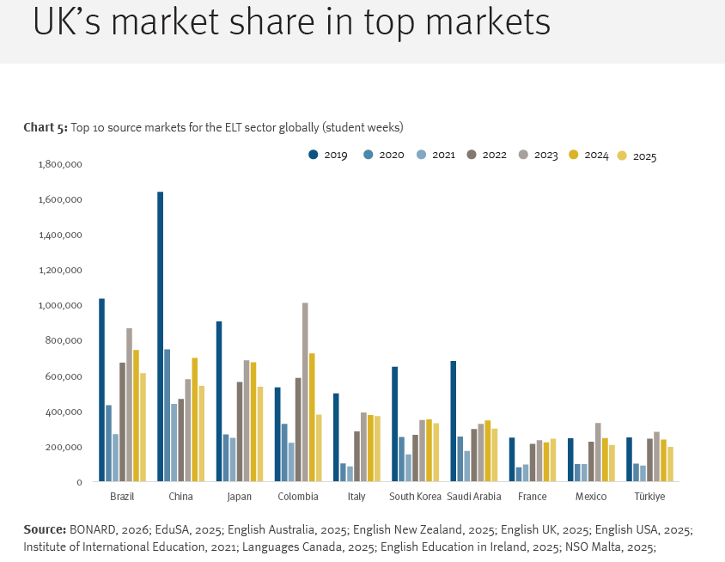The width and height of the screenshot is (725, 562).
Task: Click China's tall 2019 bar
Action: (x=160, y=336)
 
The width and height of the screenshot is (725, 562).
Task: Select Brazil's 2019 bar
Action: (x=101, y=390)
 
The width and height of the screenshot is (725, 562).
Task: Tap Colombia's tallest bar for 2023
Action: (x=305, y=392)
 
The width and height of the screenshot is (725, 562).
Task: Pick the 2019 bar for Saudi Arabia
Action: (x=454, y=421)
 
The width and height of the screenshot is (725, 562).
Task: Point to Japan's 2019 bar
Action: (x=219, y=401)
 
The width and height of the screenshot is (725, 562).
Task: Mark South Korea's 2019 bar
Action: (x=394, y=425)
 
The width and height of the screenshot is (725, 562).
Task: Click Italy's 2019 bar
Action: (x=336, y=437)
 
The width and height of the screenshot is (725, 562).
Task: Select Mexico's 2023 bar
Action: (x=598, y=452)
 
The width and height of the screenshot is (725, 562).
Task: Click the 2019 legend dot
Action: (x=314, y=155)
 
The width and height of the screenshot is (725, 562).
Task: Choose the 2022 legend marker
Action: (x=472, y=155)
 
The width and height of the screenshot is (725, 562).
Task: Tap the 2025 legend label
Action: (x=644, y=156)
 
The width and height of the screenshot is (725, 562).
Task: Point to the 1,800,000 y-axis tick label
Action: (x=60, y=164)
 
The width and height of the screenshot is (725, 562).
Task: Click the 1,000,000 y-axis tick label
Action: (x=60, y=305)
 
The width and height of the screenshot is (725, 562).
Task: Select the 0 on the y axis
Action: (x=80, y=482)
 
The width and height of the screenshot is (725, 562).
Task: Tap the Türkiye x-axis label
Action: (x=649, y=497)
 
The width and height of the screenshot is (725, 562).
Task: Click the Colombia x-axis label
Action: (x=298, y=497)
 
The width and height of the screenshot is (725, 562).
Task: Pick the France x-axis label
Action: (x=533, y=497)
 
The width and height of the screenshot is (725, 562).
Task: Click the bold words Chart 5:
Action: (x=46, y=127)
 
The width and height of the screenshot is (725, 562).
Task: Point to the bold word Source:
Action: (x=45, y=529)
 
